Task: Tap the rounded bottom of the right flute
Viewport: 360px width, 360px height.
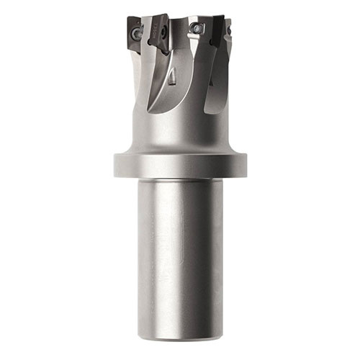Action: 209,108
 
